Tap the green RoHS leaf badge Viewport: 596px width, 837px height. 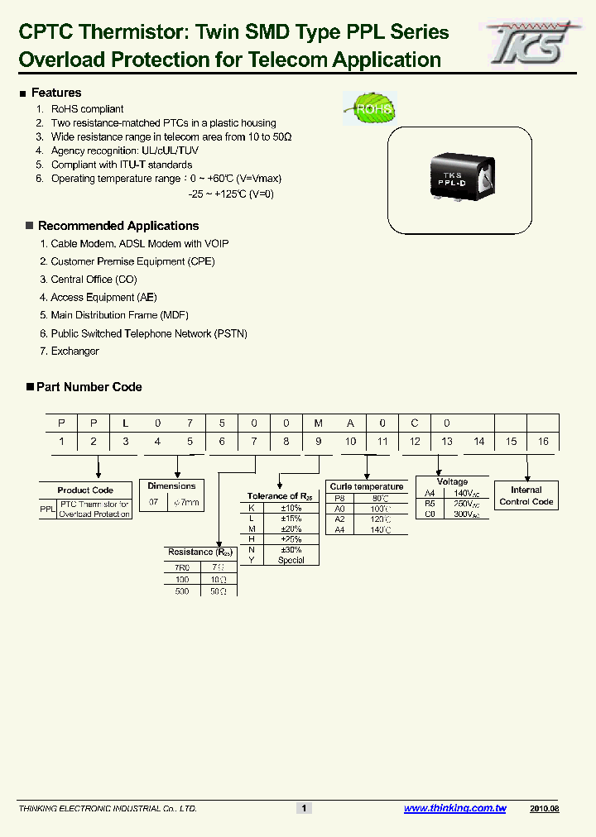(369, 108)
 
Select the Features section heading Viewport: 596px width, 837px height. (55, 93)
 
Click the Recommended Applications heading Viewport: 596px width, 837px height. (118, 226)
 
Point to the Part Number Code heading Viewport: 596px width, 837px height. (89, 387)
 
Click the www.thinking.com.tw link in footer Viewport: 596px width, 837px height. (454, 808)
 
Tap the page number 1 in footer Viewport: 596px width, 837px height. (304, 808)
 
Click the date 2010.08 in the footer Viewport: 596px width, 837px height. (544, 808)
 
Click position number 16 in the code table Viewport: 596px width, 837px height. (543, 442)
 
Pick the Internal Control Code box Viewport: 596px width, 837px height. (526, 495)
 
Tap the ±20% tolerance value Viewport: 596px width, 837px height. (291, 529)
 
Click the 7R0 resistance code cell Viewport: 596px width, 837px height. (181, 568)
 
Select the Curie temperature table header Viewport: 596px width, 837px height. (366, 486)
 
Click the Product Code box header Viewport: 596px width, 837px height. (85, 490)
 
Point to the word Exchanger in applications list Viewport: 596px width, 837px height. (74, 352)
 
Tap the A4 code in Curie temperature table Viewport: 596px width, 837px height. (339, 529)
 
